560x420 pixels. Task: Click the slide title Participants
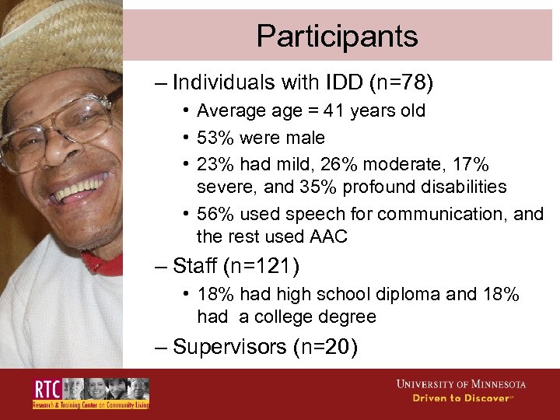click(x=337, y=36)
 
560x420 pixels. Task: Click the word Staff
click(x=194, y=267)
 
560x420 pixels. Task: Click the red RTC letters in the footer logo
click(x=46, y=390)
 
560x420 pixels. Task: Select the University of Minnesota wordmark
click(x=460, y=384)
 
